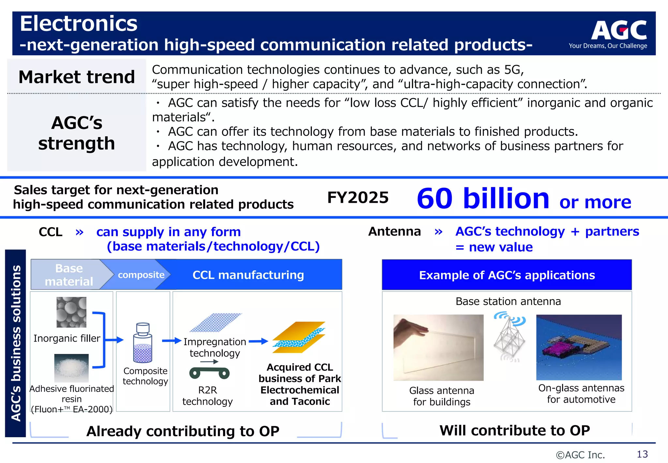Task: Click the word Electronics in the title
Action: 79,24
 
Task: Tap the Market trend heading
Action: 77,77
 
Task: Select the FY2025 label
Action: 358,198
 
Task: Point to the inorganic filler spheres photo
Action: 71,312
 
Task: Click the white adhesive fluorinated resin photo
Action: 71,368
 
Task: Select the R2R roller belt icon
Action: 209,373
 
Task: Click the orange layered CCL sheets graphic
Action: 299,337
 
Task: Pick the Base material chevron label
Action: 69,275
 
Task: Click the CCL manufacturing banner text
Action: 248,275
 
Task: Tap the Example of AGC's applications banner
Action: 507,275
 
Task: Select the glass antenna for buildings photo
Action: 438,347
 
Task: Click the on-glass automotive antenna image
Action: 579,347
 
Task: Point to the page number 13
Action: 642,454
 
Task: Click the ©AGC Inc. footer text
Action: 580,455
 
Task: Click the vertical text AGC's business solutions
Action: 16,343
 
